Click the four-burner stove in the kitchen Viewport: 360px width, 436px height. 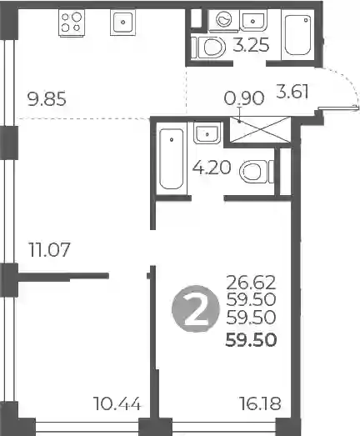click(x=72, y=23)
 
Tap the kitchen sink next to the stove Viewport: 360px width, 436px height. click(x=122, y=23)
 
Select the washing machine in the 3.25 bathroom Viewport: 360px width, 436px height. click(x=224, y=19)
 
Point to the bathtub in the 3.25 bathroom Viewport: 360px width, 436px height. click(x=297, y=35)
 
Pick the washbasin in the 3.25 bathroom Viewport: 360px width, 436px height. click(x=253, y=20)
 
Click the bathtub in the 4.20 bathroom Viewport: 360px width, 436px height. click(x=172, y=158)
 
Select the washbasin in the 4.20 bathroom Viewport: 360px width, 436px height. click(x=207, y=133)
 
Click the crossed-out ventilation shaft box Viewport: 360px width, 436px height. click(x=260, y=130)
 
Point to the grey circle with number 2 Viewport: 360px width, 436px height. click(x=196, y=308)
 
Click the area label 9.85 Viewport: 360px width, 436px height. click(x=47, y=99)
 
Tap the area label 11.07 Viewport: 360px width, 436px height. click(x=49, y=249)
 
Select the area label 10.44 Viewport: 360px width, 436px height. click(x=117, y=403)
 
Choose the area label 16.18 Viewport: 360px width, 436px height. click(x=260, y=403)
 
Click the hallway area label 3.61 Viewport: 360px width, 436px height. click(x=292, y=92)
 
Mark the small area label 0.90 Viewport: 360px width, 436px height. click(x=244, y=98)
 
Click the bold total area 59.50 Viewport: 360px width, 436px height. click(x=251, y=340)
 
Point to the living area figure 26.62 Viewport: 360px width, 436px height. click(x=251, y=283)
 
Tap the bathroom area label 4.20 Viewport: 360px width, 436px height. click(x=212, y=168)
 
